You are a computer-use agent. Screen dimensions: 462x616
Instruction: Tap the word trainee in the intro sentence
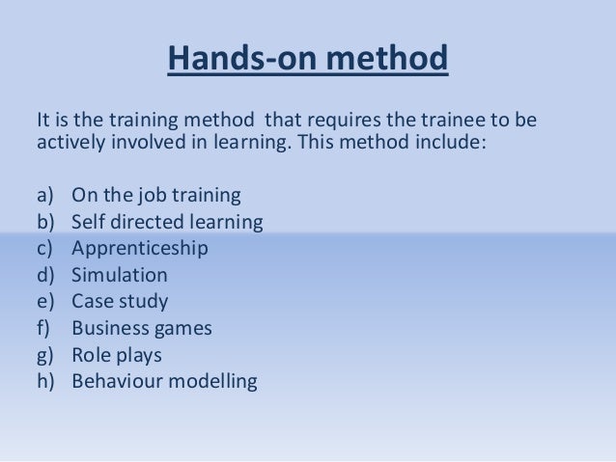[428, 122]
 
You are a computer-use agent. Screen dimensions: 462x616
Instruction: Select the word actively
[70, 144]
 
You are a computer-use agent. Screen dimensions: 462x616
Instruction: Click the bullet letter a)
[47, 196]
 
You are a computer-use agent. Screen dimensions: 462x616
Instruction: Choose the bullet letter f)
[46, 328]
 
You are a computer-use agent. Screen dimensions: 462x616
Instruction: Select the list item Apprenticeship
[140, 249]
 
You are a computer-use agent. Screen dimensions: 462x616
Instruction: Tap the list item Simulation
[120, 275]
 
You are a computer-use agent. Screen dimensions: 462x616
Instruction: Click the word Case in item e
[93, 301]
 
